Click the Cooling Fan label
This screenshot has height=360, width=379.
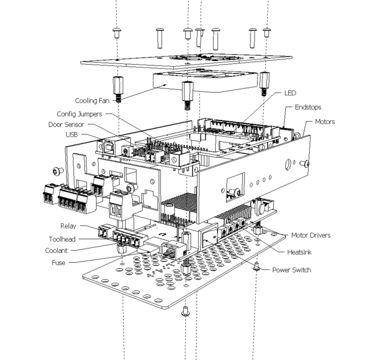pyautogui.click(x=92, y=101)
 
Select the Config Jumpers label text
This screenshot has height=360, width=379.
pyautogui.click(x=79, y=114)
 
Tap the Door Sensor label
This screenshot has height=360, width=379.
pyautogui.click(x=66, y=124)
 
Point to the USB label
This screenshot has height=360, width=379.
pyautogui.click(x=71, y=134)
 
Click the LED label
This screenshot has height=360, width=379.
pyautogui.click(x=290, y=93)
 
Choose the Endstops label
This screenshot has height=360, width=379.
pyautogui.click(x=308, y=107)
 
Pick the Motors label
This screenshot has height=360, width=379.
pyautogui.click(x=325, y=122)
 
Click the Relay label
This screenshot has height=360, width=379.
pyautogui.click(x=68, y=226)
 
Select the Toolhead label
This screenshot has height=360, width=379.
pyautogui.click(x=62, y=239)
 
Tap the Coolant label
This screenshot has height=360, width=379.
pyautogui.click(x=56, y=251)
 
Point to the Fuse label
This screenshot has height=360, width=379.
pyautogui.click(x=59, y=262)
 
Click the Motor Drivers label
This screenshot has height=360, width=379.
pyautogui.click(x=310, y=235)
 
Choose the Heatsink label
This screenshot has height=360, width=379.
pyautogui.click(x=299, y=252)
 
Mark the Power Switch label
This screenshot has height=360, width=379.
pyautogui.click(x=291, y=270)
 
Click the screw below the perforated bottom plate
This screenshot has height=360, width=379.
pyautogui.click(x=185, y=311)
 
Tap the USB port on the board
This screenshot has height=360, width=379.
pyautogui.click(x=110, y=147)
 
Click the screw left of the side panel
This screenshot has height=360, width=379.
pyautogui.click(x=58, y=171)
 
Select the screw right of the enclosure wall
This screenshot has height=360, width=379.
pyautogui.click(x=305, y=163)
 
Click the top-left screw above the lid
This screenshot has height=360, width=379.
pyautogui.click(x=117, y=33)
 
